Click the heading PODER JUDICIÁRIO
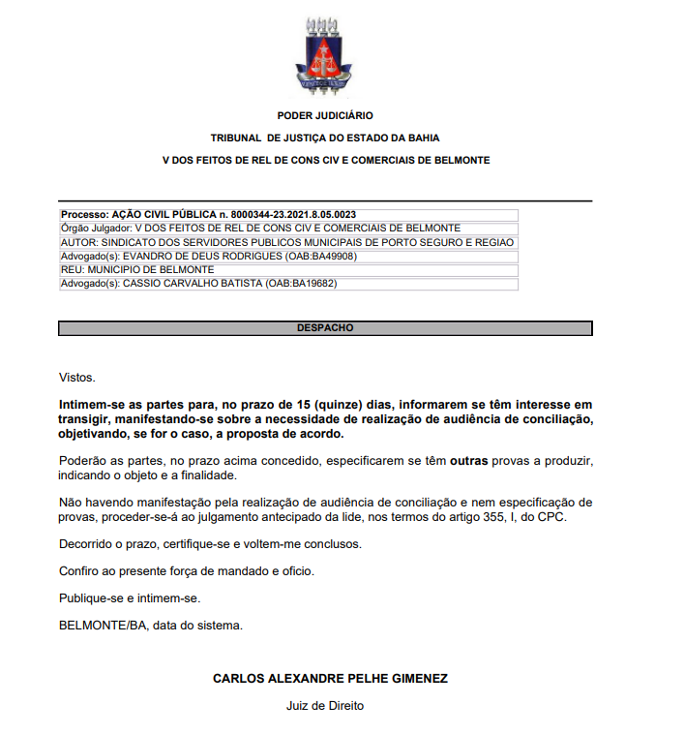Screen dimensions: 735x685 coord(325,116)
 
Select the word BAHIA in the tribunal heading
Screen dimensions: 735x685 coord(423,138)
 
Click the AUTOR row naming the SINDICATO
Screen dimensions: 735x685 coord(287,242)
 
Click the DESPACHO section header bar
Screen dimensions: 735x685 coord(325,328)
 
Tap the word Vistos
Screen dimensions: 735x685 coord(77,378)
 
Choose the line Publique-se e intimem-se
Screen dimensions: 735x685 coord(129,597)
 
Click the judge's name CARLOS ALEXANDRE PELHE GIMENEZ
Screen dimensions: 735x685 coord(330,679)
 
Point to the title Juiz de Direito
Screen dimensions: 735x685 coord(325,706)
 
